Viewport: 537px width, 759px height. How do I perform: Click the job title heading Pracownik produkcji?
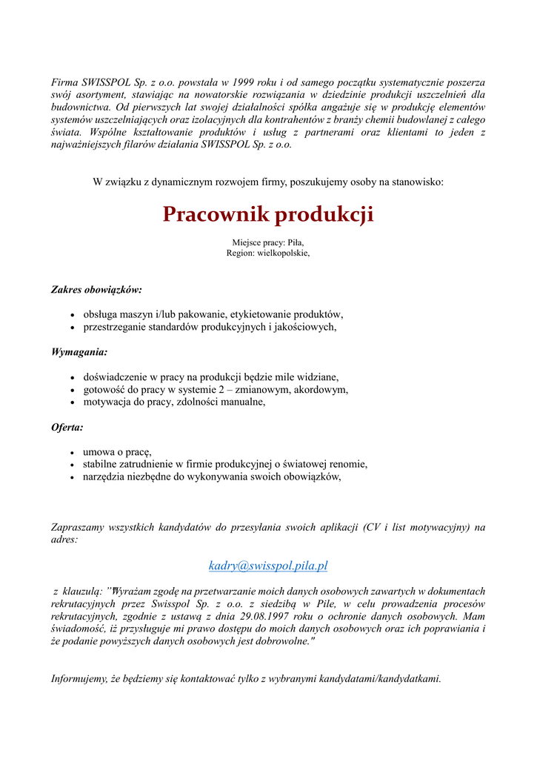tap(268, 215)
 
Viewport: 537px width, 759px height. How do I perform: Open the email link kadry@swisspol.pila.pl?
tap(268, 566)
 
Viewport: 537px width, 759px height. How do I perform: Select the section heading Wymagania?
tap(79, 352)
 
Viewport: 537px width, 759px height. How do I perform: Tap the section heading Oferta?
tap(67, 427)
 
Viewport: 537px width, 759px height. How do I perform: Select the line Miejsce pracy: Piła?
tap(268, 242)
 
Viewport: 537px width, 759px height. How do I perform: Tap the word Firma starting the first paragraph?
tap(64, 82)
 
